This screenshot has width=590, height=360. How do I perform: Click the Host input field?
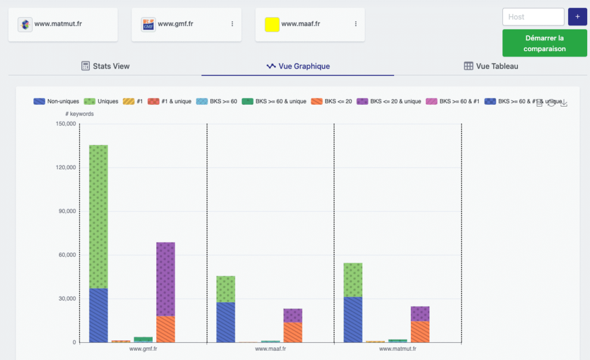pyautogui.click(x=533, y=17)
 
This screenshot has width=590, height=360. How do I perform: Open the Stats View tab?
pyautogui.click(x=105, y=66)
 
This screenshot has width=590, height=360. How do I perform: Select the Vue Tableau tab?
pyautogui.click(x=491, y=66)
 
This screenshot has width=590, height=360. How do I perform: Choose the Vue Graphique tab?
pyautogui.click(x=298, y=66)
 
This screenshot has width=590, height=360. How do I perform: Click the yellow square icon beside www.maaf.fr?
pyautogui.click(x=272, y=24)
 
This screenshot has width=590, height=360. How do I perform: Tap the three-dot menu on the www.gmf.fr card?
pyautogui.click(x=232, y=24)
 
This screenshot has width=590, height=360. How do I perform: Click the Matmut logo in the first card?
pyautogui.click(x=25, y=24)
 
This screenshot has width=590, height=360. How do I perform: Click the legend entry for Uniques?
pyautogui.click(x=101, y=101)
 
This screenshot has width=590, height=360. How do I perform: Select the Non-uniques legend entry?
pyautogui.click(x=56, y=101)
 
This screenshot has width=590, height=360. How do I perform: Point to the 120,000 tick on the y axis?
pyautogui.click(x=65, y=168)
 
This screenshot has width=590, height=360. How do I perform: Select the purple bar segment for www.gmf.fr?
pyautogui.click(x=165, y=279)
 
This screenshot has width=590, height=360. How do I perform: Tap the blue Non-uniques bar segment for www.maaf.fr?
pyautogui.click(x=225, y=322)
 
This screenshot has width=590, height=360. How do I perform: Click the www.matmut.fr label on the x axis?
pyautogui.click(x=397, y=348)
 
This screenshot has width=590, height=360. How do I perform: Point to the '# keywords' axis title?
pyautogui.click(x=80, y=114)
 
